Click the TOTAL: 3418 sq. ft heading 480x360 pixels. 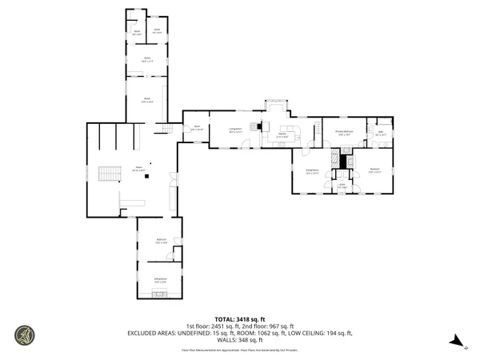(240, 319)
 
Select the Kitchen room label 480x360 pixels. (282, 136)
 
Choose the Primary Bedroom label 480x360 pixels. (345, 134)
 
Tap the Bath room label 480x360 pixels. (381, 134)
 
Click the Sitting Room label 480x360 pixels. (160, 280)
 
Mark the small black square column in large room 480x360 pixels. (146, 178)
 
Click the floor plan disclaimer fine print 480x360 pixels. (240, 350)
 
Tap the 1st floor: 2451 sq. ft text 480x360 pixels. (210, 326)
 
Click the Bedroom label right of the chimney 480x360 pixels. (374, 170)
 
